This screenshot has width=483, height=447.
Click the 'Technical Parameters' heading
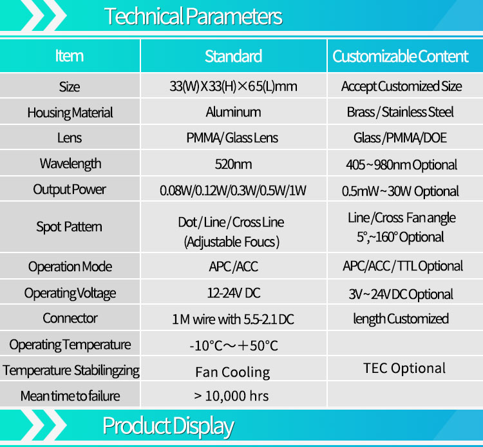coord(193,16)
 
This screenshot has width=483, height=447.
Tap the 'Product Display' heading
coord(168,426)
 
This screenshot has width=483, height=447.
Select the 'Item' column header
coord(70,56)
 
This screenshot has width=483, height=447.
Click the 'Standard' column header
coord(234,57)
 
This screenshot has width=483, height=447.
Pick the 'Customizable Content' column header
coord(401,57)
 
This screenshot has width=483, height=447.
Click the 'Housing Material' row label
coord(70,113)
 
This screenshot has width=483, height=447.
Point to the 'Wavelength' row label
coord(70,164)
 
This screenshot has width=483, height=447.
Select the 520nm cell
coord(233,164)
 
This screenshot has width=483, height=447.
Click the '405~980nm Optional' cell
coord(401,165)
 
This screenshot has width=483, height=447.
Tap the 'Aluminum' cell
coord(233,112)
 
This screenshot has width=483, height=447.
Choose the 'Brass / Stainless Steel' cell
coord(400,112)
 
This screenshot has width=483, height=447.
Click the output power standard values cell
coord(233,191)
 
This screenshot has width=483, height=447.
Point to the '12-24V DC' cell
coord(234,293)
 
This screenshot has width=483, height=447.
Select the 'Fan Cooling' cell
coord(232,372)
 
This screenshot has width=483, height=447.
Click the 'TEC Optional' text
coord(404,368)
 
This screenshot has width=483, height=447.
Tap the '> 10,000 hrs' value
coord(231,396)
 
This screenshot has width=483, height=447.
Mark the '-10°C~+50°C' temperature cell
coord(234,346)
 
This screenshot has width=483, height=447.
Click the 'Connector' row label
coord(70,318)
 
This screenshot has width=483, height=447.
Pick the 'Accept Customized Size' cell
coord(401,86)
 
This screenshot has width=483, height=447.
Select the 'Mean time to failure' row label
coord(70,396)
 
